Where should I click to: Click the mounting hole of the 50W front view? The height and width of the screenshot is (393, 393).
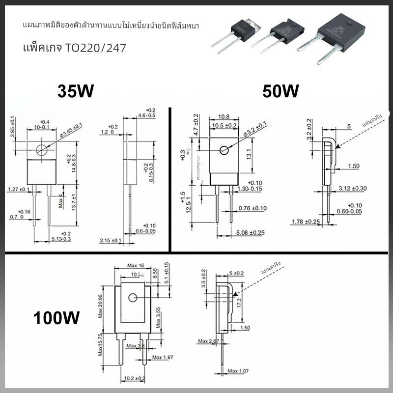pyautogui.click(x=225, y=150)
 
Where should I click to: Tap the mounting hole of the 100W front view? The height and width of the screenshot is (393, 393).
pyautogui.click(x=133, y=298)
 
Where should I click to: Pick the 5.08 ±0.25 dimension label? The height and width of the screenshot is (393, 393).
pyautogui.click(x=251, y=232)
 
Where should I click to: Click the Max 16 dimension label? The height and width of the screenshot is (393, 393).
pyautogui.click(x=136, y=266)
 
